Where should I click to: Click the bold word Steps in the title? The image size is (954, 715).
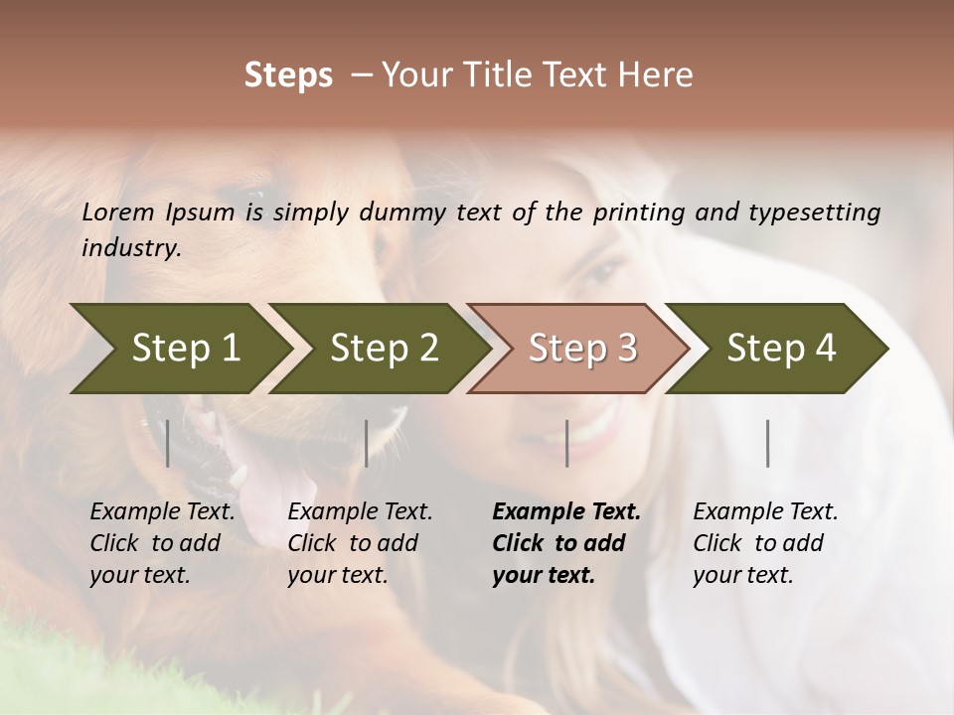[x=288, y=75]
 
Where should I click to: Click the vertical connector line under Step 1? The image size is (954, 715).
[x=168, y=443]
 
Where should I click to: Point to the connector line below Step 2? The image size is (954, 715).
[x=367, y=443]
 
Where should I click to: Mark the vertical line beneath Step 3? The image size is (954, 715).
[x=566, y=443]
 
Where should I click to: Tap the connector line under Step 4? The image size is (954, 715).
[x=768, y=443]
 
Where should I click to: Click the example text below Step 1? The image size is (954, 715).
[x=162, y=543]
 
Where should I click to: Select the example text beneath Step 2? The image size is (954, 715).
[x=360, y=543]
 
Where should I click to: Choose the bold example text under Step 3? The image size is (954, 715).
[x=565, y=543]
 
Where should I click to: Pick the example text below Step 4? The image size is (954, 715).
[x=765, y=543]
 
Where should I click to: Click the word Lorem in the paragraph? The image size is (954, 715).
[x=118, y=212]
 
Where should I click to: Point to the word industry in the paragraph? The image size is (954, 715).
[x=131, y=248]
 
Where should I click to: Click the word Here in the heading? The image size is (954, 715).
[x=660, y=75]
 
